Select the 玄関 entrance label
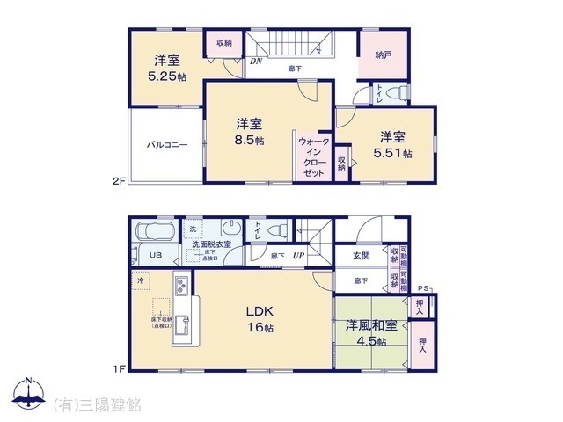[x=362, y=255]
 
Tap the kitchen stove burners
[x=180, y=287]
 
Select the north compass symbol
[x=28, y=395]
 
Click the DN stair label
[x=256, y=62]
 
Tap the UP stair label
[x=299, y=256]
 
